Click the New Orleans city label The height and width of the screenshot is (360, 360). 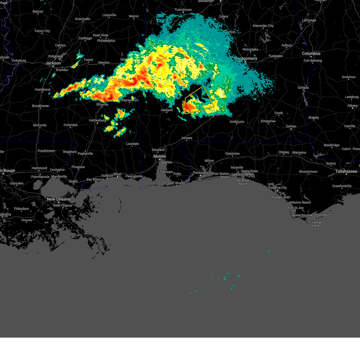58,199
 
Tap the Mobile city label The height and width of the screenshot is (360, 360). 160,156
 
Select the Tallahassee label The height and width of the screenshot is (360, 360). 346,171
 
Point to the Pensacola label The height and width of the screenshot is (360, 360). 200,173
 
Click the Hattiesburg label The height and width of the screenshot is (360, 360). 97,120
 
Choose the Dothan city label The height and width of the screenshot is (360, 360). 291,126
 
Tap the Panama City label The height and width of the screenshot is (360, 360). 278,188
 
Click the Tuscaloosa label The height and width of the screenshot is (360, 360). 183,10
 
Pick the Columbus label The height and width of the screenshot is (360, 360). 311,53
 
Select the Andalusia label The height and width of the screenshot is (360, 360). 237,122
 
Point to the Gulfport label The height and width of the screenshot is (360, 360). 107,176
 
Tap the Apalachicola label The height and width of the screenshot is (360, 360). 301,215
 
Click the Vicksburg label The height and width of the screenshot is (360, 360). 19,61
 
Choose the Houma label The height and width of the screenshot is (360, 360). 27,220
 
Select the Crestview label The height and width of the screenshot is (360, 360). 232,154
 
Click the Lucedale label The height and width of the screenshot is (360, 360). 132,144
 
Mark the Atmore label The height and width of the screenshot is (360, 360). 187,138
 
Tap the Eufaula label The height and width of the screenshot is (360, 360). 303,88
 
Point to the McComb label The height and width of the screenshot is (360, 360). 40,125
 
